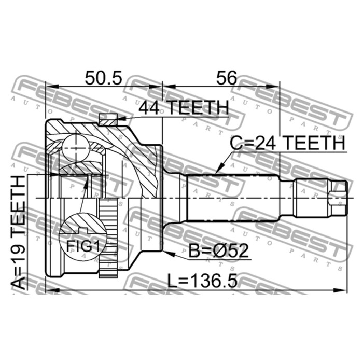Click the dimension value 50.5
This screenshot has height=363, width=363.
click(103, 78)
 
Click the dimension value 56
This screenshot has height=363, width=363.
click(227, 78)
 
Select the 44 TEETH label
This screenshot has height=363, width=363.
click(184, 108)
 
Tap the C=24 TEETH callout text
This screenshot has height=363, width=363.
click(287, 143)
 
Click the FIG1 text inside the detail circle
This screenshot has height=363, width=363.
click(83, 246)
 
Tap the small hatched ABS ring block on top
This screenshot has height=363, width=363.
click(108, 120)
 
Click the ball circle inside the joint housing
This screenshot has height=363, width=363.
click(76, 148)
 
